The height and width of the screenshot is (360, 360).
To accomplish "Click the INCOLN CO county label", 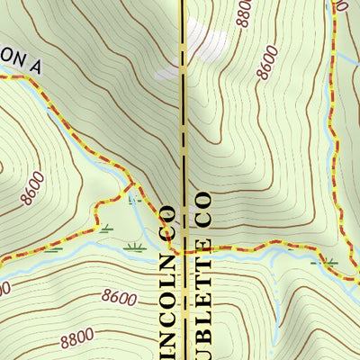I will coord(167,288).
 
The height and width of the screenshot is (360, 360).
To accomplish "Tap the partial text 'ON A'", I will coord(20,64).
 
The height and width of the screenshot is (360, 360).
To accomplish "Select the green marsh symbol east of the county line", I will coord(331,262).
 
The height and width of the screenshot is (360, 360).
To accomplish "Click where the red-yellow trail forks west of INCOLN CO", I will coord(132,186).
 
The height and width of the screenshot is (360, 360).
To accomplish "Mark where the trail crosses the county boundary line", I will coord(184,251).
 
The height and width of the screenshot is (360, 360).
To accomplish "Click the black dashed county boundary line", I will coord(184,135).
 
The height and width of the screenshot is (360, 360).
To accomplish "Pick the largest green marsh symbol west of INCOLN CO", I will coord(136,245).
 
